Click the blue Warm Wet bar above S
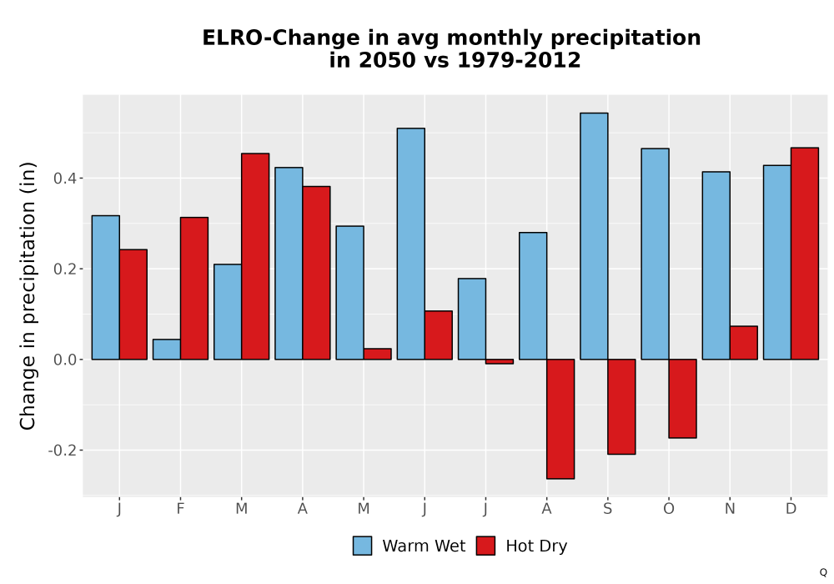[594, 236]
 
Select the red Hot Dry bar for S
[621, 407]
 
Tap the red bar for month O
[682, 399]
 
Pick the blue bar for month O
[655, 254]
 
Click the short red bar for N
[744, 343]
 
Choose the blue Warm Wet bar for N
[716, 265]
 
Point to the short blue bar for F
[167, 350]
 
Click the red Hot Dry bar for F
[194, 289]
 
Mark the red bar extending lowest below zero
[560, 419]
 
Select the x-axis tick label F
[180, 509]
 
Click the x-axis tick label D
[791, 509]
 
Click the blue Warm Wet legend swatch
[362, 546]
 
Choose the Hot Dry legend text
[536, 546]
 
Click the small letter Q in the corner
[823, 572]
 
